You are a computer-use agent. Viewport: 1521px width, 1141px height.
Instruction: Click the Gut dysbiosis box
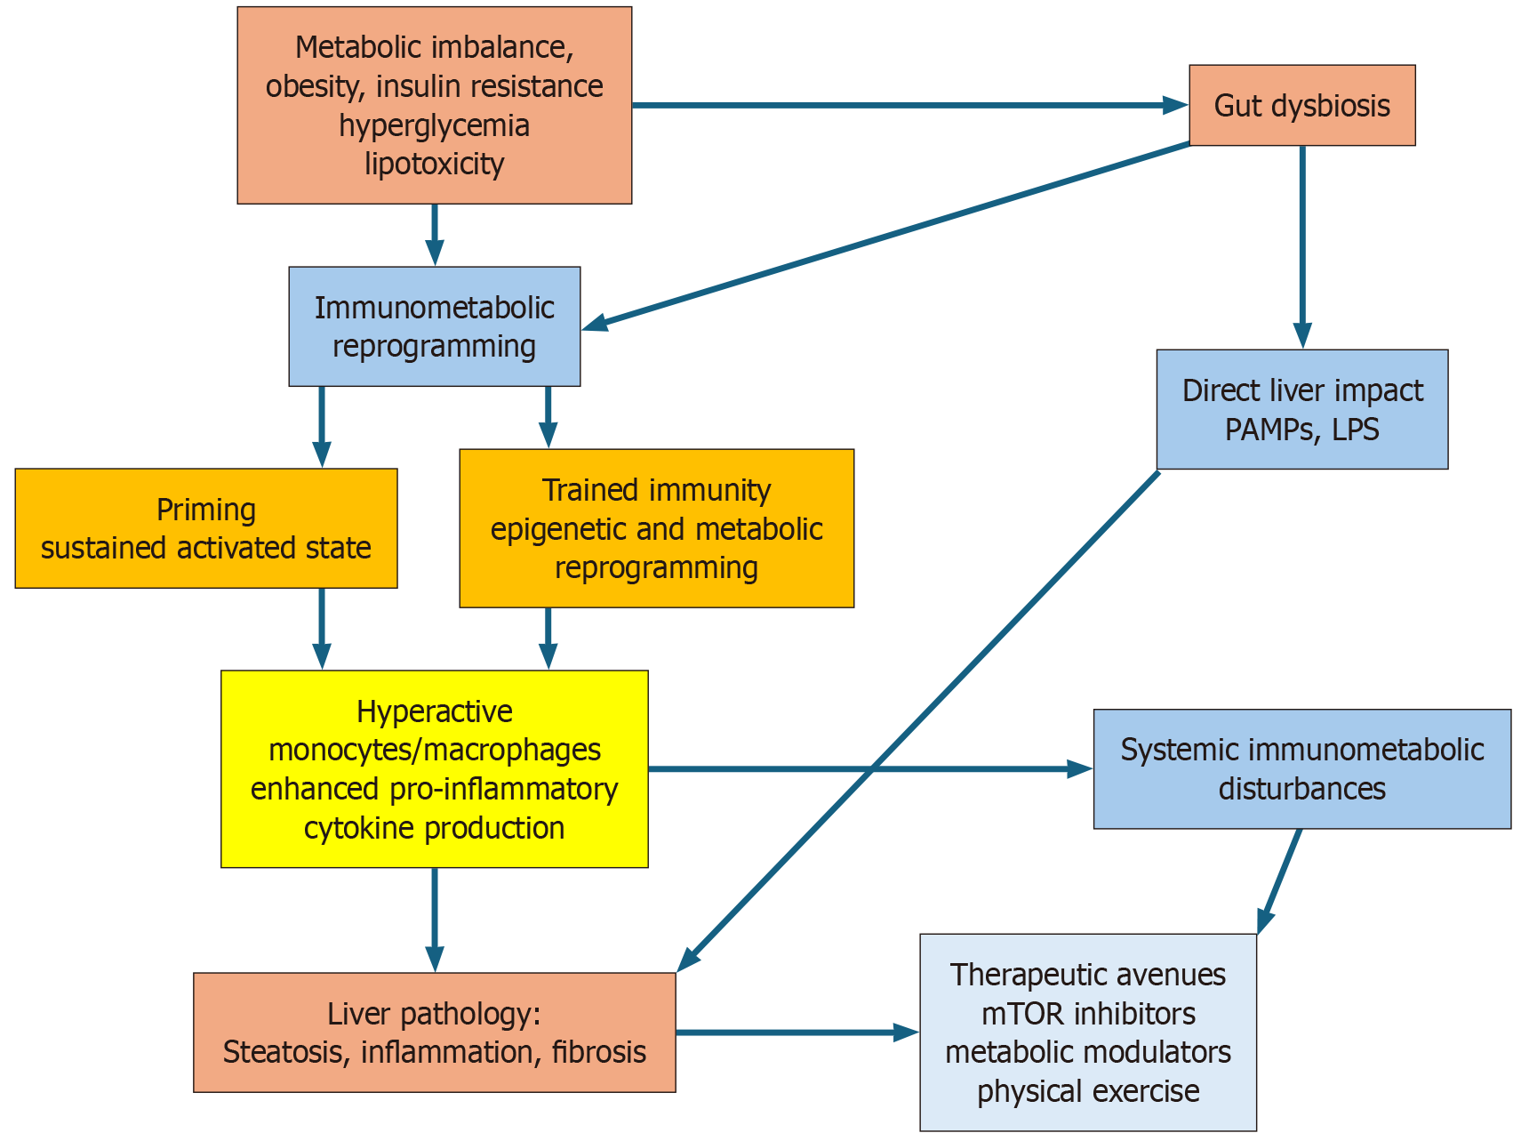pyautogui.click(x=1301, y=105)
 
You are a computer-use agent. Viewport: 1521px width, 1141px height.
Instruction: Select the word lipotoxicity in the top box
pyautogui.click(x=434, y=164)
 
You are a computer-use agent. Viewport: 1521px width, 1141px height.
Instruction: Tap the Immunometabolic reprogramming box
pyautogui.click(x=434, y=326)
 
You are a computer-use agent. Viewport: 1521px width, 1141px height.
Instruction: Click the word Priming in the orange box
pyautogui.click(x=206, y=510)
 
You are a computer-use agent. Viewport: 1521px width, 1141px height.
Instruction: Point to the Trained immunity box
pyautogui.click(x=656, y=528)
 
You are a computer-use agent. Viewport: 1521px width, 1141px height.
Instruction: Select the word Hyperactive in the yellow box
pyautogui.click(x=434, y=711)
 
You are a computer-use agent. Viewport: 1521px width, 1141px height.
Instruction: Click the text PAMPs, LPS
pyautogui.click(x=1301, y=430)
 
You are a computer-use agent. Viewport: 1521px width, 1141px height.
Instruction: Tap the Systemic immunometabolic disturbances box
pyautogui.click(x=1301, y=769)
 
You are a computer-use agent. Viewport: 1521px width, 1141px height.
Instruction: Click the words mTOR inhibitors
pyautogui.click(x=1088, y=1014)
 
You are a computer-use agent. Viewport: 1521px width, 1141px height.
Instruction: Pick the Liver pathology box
pyautogui.click(x=434, y=1033)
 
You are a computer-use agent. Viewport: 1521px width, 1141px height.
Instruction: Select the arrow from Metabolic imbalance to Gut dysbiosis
pyautogui.click(x=907, y=105)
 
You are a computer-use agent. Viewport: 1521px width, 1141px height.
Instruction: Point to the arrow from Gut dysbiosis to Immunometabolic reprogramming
pyautogui.click(x=889, y=236)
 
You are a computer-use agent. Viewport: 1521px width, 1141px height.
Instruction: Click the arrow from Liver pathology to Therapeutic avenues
pyautogui.click(x=796, y=1033)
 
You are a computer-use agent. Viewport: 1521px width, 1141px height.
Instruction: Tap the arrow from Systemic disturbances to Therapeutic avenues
pyautogui.click(x=1280, y=880)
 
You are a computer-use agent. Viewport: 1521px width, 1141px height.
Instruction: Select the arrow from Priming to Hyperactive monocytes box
pyautogui.click(x=322, y=628)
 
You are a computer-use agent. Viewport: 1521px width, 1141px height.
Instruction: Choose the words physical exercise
pyautogui.click(x=1088, y=1091)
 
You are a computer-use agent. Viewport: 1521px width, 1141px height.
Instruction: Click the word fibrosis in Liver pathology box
pyautogui.click(x=598, y=1052)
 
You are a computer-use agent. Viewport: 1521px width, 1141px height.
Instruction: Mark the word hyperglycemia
pyautogui.click(x=434, y=125)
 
